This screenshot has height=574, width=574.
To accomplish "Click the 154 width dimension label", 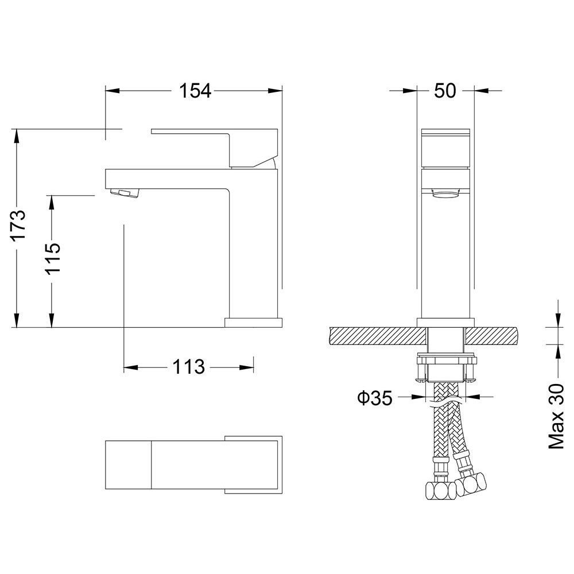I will pos(195,91).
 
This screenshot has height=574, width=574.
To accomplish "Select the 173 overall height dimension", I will pos(18,227).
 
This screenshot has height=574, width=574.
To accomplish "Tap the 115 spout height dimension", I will pos(52,258).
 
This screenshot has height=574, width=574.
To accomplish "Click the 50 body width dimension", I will pos(445,91).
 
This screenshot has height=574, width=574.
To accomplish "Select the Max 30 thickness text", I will pos(556,416).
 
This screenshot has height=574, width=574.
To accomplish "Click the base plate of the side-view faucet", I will pos(254,322).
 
